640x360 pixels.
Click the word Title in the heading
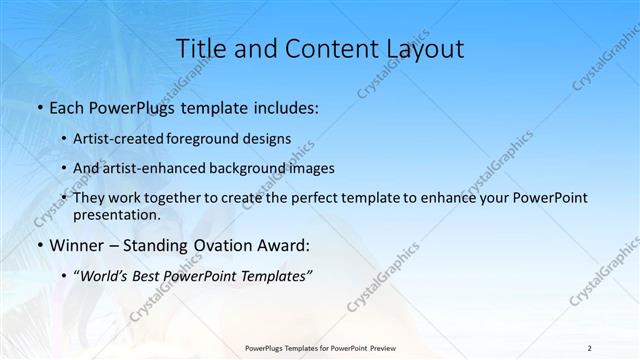(199, 48)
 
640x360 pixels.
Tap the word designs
(266, 139)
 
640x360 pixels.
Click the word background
(235, 168)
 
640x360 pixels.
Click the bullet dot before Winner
(39, 245)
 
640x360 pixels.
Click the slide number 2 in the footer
(590, 347)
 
